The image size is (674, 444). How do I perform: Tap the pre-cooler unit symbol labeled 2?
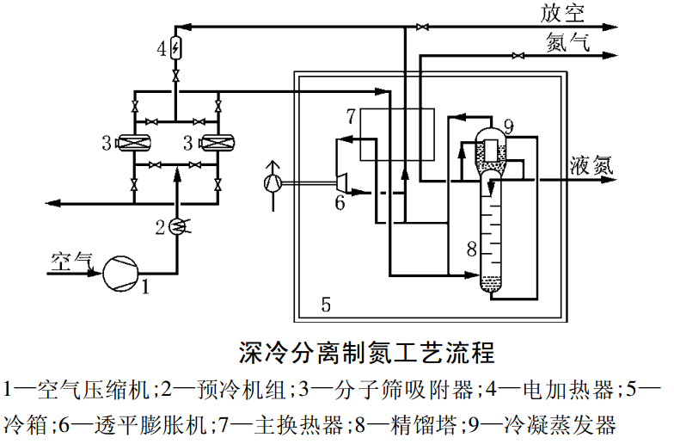click(176, 226)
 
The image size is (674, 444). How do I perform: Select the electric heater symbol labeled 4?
click(176, 48)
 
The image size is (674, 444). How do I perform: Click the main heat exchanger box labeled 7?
click(396, 133)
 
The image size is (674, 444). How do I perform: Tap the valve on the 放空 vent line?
click(420, 28)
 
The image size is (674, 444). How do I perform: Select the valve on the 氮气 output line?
click(516, 57)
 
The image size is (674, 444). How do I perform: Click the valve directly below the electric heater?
click(176, 78)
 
